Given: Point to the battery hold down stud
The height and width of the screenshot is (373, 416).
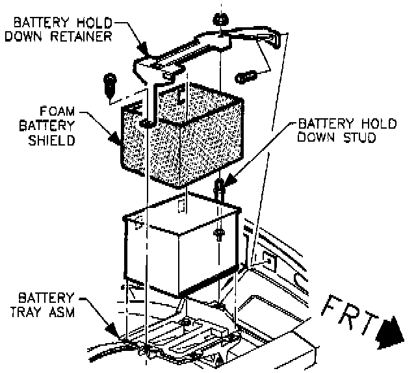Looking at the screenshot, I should click(x=220, y=188).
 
